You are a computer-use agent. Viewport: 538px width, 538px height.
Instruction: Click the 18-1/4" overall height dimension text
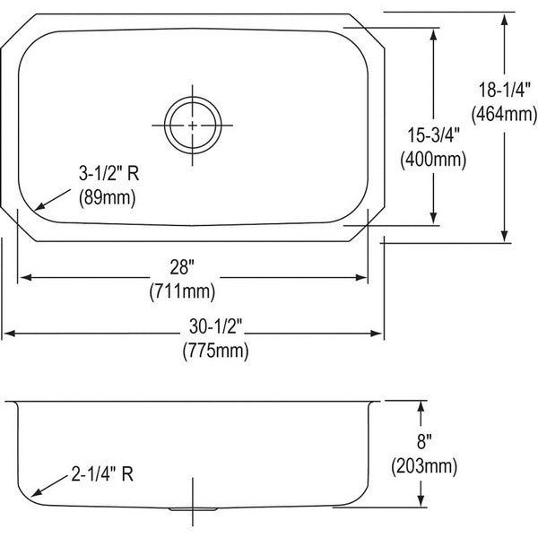(x=504, y=90)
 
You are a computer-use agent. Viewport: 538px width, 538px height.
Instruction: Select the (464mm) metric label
(x=504, y=114)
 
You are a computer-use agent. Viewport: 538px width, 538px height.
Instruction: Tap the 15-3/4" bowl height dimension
(x=433, y=134)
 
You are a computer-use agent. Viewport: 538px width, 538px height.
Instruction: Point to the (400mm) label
(x=433, y=159)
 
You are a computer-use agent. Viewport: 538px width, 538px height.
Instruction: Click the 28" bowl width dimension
(x=182, y=267)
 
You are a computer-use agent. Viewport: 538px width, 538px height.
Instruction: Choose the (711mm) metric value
(x=182, y=292)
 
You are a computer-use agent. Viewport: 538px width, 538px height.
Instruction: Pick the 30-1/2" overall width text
(x=216, y=326)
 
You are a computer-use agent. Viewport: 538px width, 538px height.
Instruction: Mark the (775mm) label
(x=216, y=351)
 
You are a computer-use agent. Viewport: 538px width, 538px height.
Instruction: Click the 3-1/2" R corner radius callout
(x=109, y=173)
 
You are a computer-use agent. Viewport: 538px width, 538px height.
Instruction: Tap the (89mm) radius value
(x=108, y=197)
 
